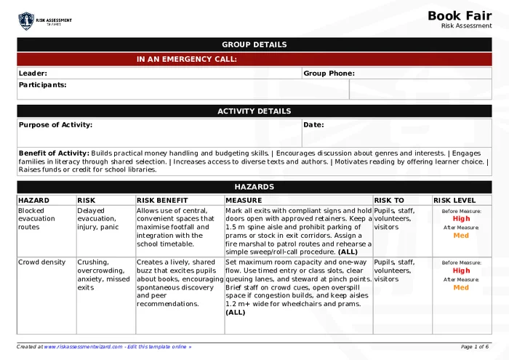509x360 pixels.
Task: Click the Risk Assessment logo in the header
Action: [x=45, y=21]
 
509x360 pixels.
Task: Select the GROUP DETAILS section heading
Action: [x=254, y=45]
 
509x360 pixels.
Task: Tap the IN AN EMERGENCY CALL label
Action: [x=186, y=60]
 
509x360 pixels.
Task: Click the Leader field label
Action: [x=33, y=73]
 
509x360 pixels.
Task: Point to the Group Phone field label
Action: [x=329, y=73]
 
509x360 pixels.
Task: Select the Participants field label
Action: [x=42, y=85]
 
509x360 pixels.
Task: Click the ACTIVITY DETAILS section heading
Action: [x=254, y=111]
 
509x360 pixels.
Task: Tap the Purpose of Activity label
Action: [x=55, y=125]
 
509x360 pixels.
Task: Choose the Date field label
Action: [x=313, y=125]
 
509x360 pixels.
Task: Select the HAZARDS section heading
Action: [x=254, y=187]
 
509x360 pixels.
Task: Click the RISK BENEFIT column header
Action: [x=162, y=200]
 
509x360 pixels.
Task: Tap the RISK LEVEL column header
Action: [x=454, y=200]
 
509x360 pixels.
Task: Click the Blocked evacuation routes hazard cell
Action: [x=36, y=219]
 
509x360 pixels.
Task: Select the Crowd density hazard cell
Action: [x=41, y=263]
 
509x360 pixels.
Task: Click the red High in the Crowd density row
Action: [x=461, y=271]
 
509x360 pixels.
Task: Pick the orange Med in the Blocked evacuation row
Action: [x=461, y=236]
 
